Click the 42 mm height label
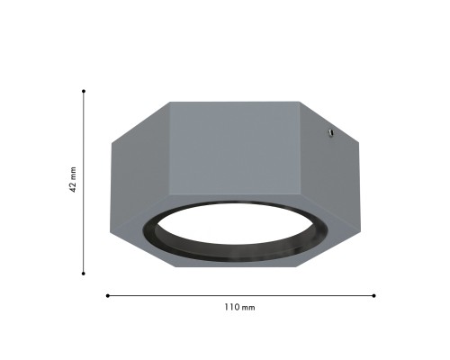(73, 179)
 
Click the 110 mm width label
(239, 308)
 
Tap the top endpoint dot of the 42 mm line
(84, 91)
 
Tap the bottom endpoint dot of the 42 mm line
(84, 274)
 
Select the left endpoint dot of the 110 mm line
(108, 295)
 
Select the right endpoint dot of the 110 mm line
(374, 295)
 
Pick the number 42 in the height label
(73, 186)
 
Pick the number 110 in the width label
(232, 308)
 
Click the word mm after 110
(248, 308)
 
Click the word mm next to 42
(73, 173)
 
